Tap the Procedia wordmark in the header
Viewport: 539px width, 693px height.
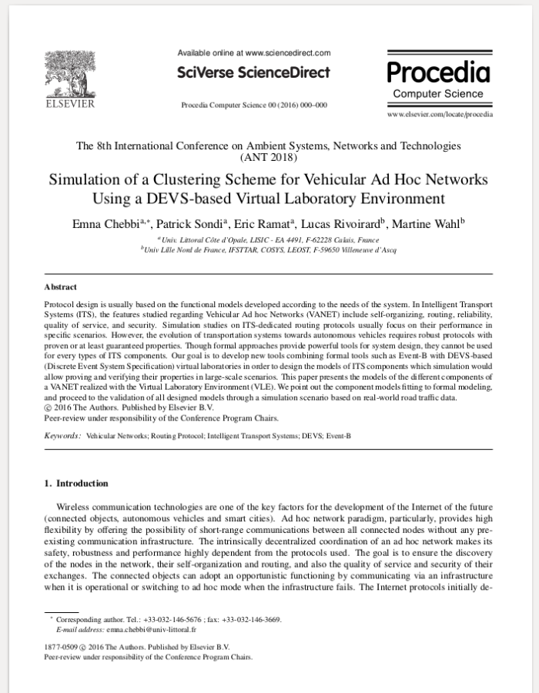point(438,72)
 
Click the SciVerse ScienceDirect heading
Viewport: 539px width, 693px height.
point(253,72)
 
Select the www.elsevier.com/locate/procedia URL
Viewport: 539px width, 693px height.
point(440,114)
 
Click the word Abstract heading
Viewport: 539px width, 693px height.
point(61,287)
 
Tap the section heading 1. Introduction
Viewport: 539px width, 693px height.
point(76,484)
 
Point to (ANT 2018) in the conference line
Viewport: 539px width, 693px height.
point(269,157)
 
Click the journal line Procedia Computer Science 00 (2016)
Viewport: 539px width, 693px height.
point(253,105)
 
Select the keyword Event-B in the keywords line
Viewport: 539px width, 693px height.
point(336,436)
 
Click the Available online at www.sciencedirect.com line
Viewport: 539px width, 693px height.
point(253,53)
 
